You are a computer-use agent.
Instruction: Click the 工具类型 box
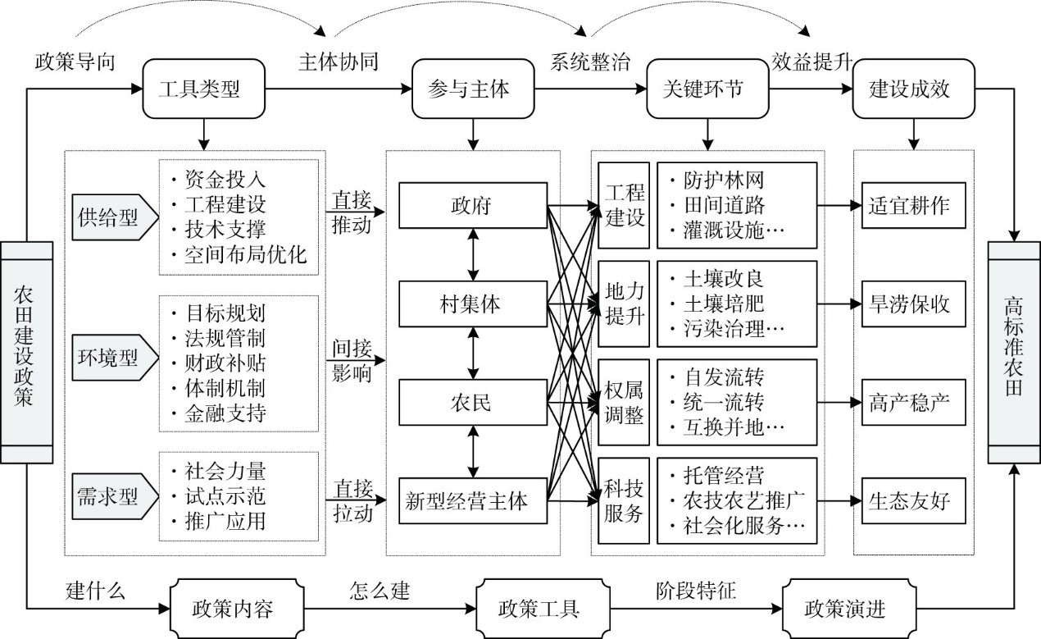pyautogui.click(x=203, y=89)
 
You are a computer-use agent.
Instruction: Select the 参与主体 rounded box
pyautogui.click(x=471, y=89)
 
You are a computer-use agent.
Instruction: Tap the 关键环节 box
pyautogui.click(x=707, y=89)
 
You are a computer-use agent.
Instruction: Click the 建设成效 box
pyautogui.click(x=911, y=89)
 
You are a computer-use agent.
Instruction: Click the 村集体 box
pyautogui.click(x=473, y=304)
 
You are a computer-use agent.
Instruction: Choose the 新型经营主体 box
pyautogui.click(x=473, y=500)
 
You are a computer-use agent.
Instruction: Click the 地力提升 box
pyautogui.click(x=625, y=304)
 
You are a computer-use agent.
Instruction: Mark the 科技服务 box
pyautogui.click(x=625, y=500)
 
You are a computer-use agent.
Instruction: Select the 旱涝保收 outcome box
pyautogui.click(x=911, y=304)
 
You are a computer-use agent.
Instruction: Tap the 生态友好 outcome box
pyautogui.click(x=911, y=500)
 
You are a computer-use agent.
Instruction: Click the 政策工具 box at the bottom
pyautogui.click(x=539, y=609)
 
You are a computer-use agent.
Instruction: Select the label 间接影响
pyautogui.click(x=350, y=359)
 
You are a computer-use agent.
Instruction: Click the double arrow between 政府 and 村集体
pyautogui.click(x=473, y=255)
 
